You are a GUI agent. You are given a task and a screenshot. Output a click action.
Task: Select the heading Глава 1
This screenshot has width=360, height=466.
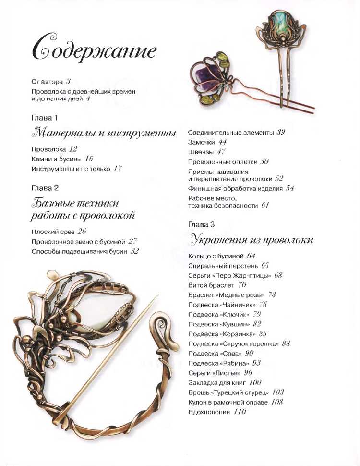click(x=45, y=118)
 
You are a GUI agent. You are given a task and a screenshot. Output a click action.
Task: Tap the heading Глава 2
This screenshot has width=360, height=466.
click(x=45, y=188)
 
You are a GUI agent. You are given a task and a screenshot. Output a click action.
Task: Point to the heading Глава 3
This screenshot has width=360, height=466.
click(x=201, y=224)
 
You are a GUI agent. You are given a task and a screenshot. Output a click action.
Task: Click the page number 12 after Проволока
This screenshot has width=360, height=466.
click(x=73, y=149)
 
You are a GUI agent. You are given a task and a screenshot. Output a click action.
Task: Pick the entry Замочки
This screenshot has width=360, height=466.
click(x=201, y=142)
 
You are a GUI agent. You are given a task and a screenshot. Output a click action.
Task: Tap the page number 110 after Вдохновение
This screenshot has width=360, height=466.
click(x=240, y=412)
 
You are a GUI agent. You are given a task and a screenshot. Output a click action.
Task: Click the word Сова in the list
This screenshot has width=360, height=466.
click(x=235, y=353)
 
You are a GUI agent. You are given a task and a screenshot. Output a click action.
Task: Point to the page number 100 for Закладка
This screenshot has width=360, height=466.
click(x=255, y=382)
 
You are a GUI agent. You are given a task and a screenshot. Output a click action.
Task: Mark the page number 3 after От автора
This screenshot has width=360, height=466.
click(x=68, y=82)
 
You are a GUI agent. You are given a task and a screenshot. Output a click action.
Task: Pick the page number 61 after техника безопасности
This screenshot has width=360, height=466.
click(x=265, y=205)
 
